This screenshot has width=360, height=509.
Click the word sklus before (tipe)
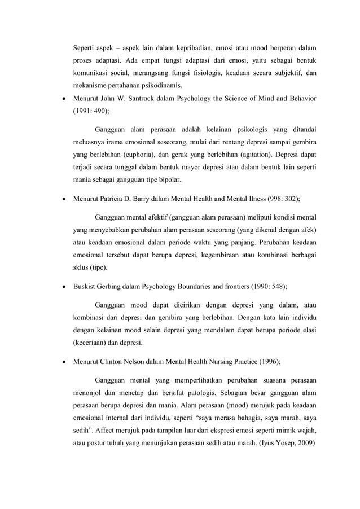coord(82,268)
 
